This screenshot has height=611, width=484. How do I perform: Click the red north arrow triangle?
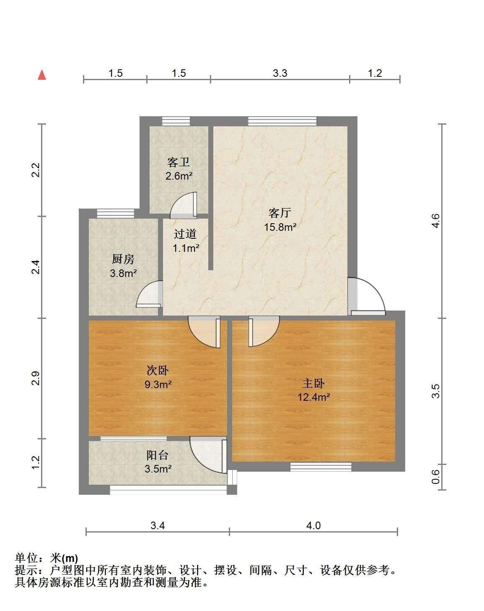click(x=42, y=75)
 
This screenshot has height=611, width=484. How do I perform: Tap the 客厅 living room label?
click(x=280, y=213)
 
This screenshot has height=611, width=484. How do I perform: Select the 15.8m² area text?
click(x=280, y=227)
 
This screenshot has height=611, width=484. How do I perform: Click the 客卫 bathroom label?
click(x=179, y=162)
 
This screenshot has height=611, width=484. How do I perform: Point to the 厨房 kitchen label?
click(x=123, y=259)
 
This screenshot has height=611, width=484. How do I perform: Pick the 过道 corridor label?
click(x=185, y=234)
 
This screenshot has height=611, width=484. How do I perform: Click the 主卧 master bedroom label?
click(x=313, y=383)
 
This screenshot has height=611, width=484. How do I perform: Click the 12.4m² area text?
click(x=313, y=397)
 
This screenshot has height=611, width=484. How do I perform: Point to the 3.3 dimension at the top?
click(x=280, y=73)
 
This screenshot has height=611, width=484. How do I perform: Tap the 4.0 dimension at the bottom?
click(x=313, y=525)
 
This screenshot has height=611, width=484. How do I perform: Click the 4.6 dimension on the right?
click(x=435, y=221)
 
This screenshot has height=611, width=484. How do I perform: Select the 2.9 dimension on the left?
click(x=36, y=378)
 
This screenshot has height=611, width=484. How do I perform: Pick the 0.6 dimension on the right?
click(x=435, y=477)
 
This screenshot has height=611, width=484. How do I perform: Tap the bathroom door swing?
click(x=184, y=205)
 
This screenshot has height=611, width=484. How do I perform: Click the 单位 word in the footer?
click(x=26, y=558)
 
